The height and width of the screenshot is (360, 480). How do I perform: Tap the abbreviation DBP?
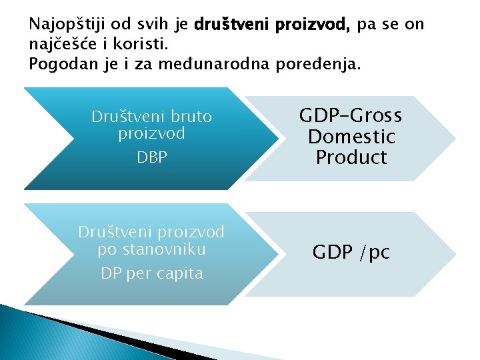click(x=152, y=157)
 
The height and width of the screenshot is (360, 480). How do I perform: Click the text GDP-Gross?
click(x=351, y=117)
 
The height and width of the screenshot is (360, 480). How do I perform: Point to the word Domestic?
click(x=351, y=137)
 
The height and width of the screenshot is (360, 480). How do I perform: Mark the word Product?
click(x=351, y=158)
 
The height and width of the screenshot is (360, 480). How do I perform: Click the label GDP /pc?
click(x=351, y=252)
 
